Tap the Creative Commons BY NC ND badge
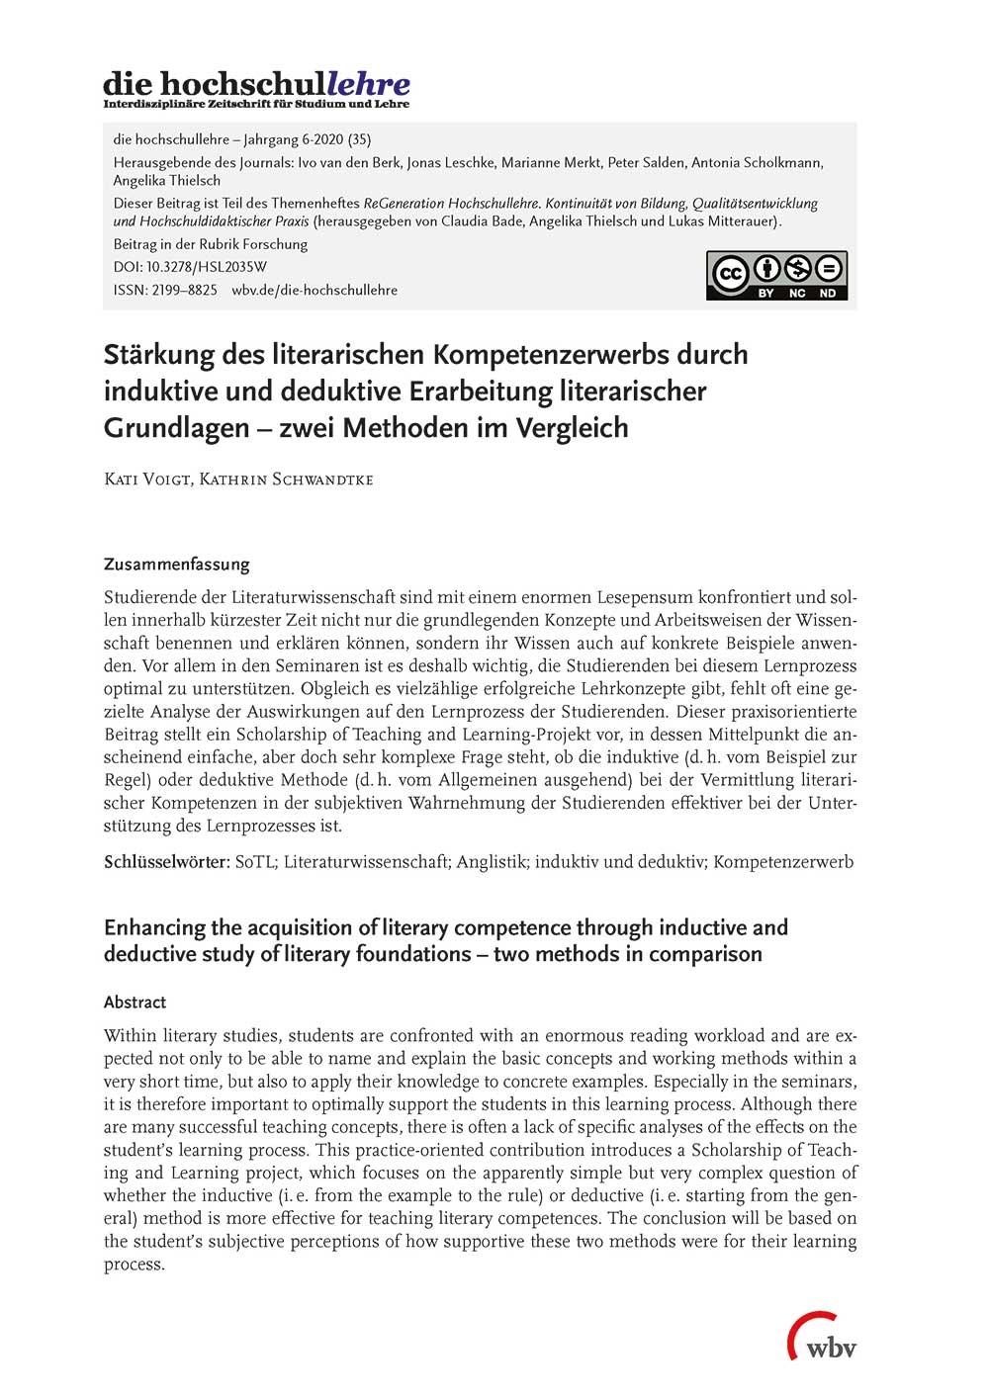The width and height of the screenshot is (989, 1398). tap(776, 276)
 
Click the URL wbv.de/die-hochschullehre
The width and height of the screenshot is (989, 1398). tap(315, 290)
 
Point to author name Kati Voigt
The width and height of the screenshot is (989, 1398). tap(146, 480)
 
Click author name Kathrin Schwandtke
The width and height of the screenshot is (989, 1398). tap(287, 480)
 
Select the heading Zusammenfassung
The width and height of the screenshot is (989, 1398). tap(176, 565)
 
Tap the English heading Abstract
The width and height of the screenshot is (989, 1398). tap(135, 1002)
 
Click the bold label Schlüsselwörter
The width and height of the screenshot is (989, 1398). tap(165, 861)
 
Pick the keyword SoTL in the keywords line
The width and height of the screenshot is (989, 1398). tap(256, 861)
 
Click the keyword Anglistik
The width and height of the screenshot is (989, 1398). tap(491, 861)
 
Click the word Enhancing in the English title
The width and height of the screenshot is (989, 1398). tap(153, 927)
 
